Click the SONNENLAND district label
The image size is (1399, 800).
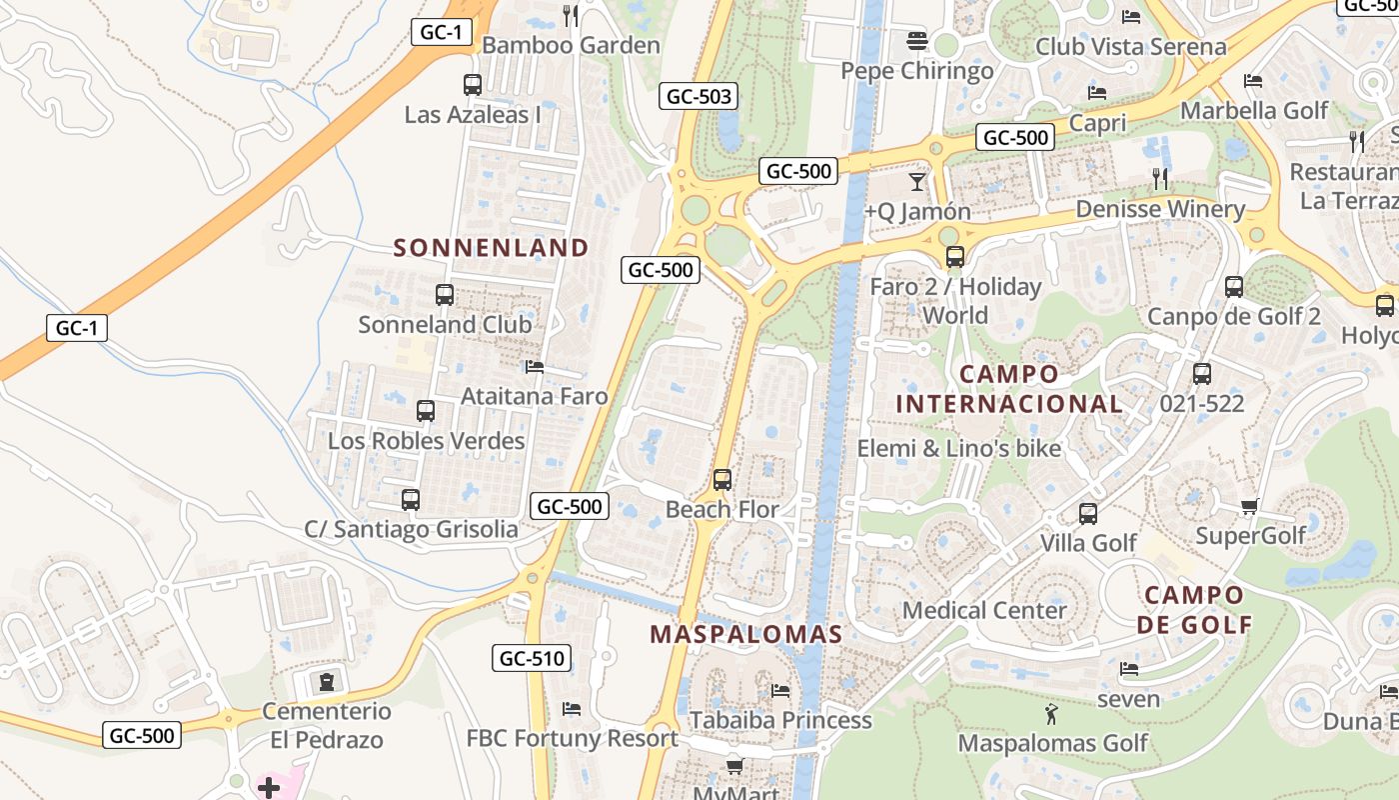coord(491,247)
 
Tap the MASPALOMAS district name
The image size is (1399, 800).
coord(746,634)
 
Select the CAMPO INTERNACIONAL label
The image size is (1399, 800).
coord(1009,389)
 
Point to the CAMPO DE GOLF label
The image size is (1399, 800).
coord(1194,610)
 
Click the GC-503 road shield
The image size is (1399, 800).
coord(699,97)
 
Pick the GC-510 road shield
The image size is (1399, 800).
coord(533,658)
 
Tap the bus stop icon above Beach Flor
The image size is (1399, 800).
coord(722,480)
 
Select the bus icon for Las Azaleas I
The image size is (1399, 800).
coord(473,85)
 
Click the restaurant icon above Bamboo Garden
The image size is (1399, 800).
coord(571,15)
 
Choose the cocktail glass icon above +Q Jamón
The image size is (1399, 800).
coord(916,181)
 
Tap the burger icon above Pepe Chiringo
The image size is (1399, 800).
coord(917,41)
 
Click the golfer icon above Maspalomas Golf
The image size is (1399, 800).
coord(1051,714)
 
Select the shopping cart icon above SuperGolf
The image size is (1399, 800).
coord(1249,506)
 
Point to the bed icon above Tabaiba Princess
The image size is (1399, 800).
coord(780,690)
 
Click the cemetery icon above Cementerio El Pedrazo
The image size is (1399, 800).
coord(327,682)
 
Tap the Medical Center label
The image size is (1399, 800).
coord(984,610)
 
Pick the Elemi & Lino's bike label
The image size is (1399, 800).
coord(958,448)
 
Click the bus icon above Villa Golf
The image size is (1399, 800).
coord(1088,514)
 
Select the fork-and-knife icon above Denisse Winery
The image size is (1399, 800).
coord(1160,179)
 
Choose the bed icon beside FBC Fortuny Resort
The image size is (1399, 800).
coord(572,709)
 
